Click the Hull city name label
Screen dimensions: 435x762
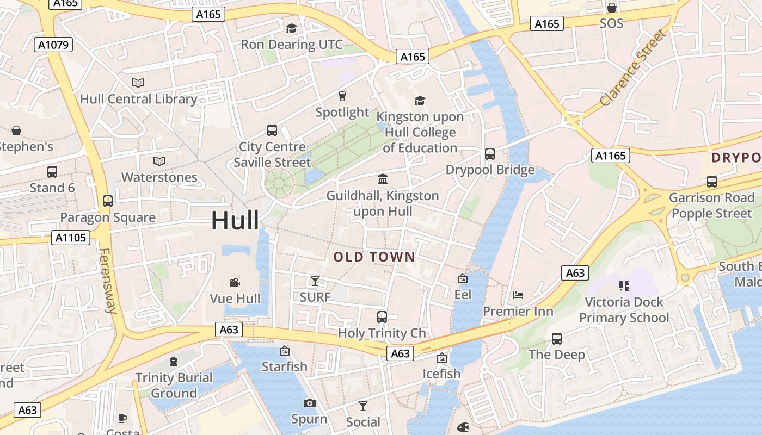click(x=235, y=221)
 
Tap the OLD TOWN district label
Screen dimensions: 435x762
click(x=374, y=257)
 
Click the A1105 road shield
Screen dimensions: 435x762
click(x=71, y=237)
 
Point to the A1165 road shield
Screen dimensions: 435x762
click(x=611, y=156)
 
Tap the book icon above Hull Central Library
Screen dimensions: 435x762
click(x=138, y=83)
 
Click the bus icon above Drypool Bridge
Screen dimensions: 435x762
click(x=490, y=154)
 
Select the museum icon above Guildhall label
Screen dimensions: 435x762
click(x=383, y=179)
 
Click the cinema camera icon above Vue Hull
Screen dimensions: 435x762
click(x=235, y=282)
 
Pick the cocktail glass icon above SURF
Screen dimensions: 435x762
click(x=315, y=281)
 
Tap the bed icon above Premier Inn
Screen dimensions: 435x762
click(x=518, y=295)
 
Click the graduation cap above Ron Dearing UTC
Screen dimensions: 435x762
click(x=292, y=28)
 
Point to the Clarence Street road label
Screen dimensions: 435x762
click(x=632, y=69)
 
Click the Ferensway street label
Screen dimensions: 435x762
click(x=108, y=281)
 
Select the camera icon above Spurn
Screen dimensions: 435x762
click(x=309, y=403)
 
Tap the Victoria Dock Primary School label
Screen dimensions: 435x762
click(x=624, y=310)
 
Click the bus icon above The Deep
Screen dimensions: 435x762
click(x=557, y=339)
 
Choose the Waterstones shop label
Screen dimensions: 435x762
click(x=159, y=177)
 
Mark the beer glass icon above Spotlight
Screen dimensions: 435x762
click(x=342, y=96)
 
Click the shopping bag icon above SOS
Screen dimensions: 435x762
click(x=611, y=8)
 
